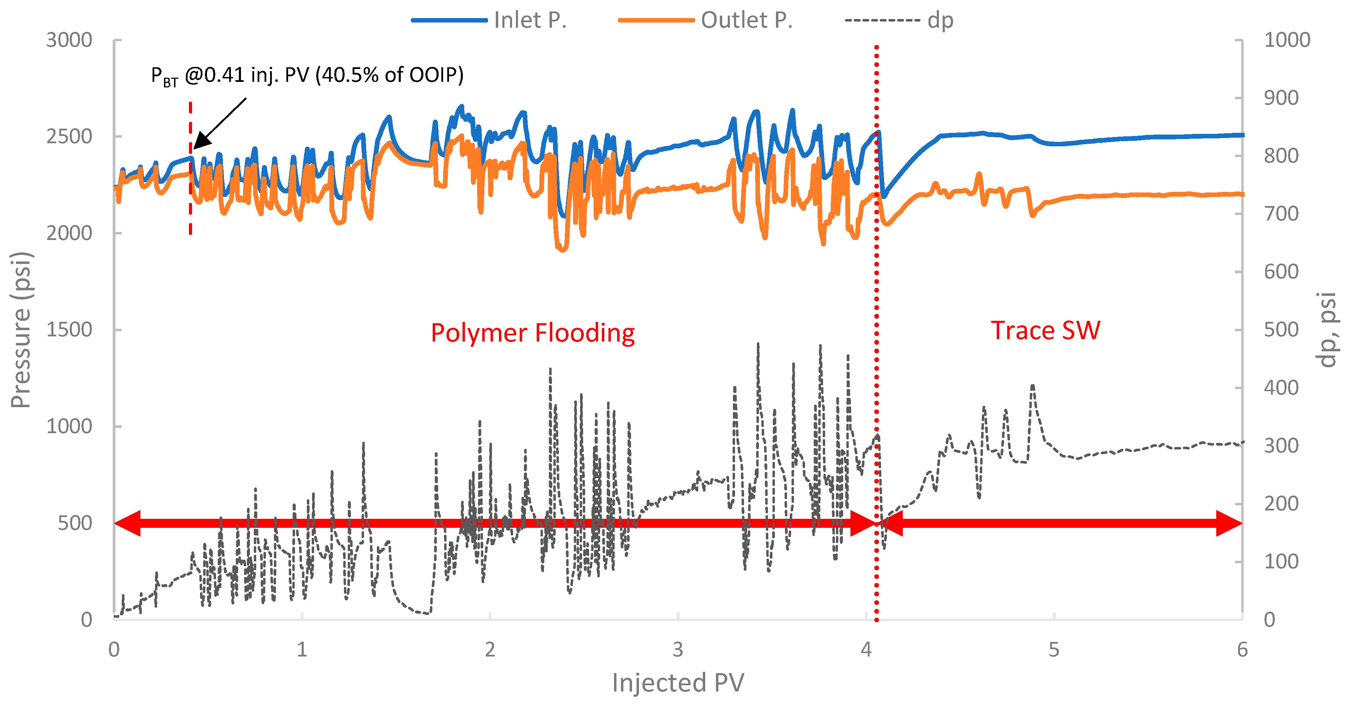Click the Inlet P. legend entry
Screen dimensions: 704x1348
pos(529,20)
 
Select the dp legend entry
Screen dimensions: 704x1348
pos(940,20)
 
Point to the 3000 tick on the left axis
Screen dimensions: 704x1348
pos(69,40)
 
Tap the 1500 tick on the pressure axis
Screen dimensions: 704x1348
pos(69,330)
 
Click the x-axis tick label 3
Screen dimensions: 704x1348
pos(678,650)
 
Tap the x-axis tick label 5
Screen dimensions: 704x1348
pos(1053,650)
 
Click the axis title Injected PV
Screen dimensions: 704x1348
pos(678,682)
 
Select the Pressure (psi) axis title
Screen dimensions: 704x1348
pos(21,330)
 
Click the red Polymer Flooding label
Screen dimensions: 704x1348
pos(532,333)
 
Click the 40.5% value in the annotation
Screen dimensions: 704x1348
pos(349,75)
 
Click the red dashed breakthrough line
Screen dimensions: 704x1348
pos(190,209)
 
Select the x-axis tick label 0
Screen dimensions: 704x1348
pos(114,650)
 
